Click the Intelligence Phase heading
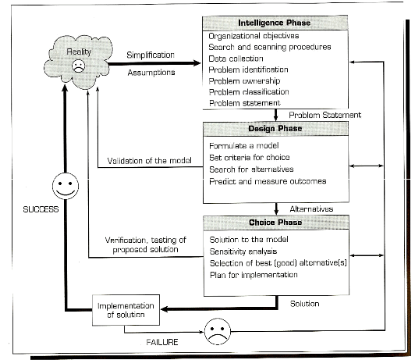[x=275, y=23]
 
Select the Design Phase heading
[x=275, y=129]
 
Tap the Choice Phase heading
[x=275, y=223]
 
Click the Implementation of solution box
[x=126, y=310]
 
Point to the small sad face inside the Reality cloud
[x=78, y=66]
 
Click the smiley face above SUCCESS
[x=66, y=186]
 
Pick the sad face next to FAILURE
[x=218, y=331]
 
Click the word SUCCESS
[x=41, y=209]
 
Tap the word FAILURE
[x=162, y=342]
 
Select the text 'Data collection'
[x=236, y=59]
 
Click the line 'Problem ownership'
[x=244, y=80]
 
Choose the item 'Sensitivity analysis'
[x=243, y=251]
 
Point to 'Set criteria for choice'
[x=250, y=157]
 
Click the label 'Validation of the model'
[x=149, y=161]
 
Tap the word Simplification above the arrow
[x=151, y=55]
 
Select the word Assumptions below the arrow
[x=151, y=73]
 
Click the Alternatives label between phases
[x=311, y=209]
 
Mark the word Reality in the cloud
[x=79, y=52]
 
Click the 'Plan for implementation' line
[x=254, y=275]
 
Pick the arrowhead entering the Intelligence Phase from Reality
[x=197, y=63]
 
